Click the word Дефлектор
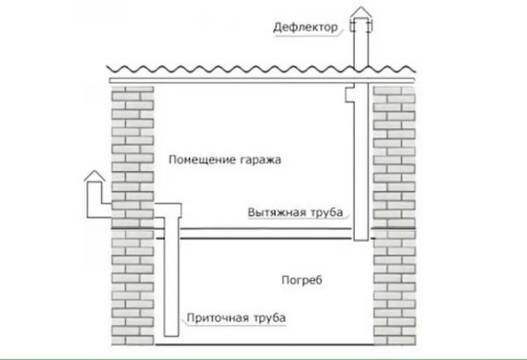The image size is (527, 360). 305,27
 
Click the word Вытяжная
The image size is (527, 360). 277,212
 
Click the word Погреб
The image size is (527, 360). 302,280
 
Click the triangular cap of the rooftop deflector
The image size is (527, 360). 361,13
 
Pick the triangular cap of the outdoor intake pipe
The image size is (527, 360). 94,176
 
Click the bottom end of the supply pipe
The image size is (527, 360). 171,335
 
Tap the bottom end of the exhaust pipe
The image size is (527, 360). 361,240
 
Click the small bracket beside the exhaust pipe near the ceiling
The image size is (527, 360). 350,94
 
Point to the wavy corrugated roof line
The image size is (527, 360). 261,69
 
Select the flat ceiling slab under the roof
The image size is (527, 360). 262,80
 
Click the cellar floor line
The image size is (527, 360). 264,345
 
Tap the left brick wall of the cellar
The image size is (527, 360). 133,288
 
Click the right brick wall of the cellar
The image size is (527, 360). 395,288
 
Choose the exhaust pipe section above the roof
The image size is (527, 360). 361,47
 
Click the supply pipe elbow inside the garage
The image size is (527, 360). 168,210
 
